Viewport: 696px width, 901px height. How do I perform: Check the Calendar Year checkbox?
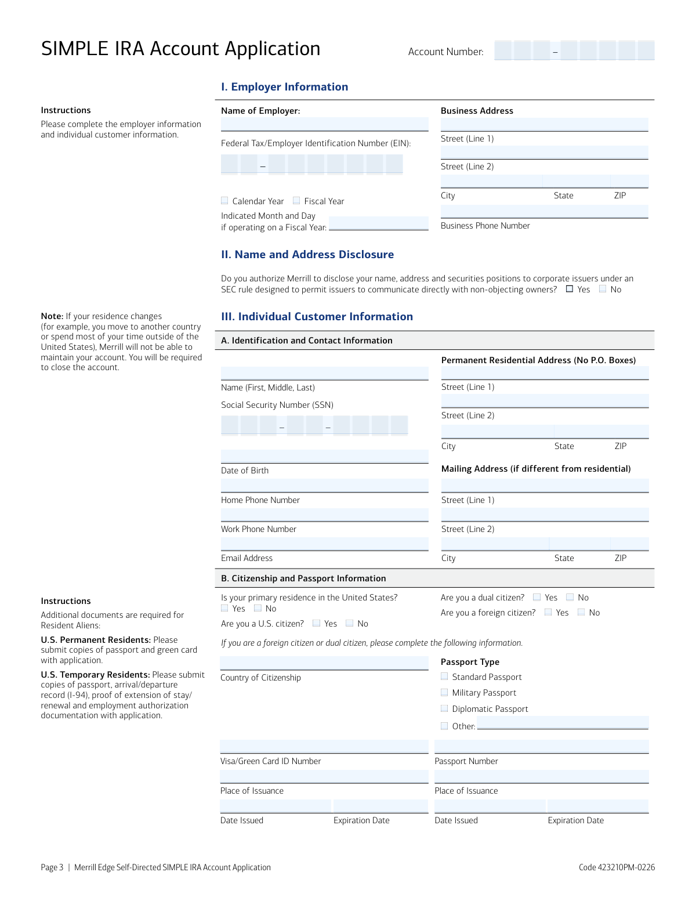224,201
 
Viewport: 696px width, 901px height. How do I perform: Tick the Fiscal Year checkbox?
296,201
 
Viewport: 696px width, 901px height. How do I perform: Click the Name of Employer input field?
324,124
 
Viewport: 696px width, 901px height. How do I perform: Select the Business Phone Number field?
544,212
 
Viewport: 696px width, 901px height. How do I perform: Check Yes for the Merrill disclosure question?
570,289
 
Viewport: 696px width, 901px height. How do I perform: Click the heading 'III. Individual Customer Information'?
317,317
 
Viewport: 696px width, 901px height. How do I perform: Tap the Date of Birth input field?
324,457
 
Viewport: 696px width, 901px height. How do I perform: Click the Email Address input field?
324,544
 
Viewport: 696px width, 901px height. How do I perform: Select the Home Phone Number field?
324,486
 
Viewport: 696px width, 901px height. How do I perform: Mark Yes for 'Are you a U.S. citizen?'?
316,623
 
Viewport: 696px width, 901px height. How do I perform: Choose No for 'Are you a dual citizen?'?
570,597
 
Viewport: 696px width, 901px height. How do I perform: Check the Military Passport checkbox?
444,692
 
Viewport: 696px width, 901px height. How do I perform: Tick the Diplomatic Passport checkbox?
444,708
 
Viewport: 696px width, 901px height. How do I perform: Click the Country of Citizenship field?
324,663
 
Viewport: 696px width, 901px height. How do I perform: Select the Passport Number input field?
541,747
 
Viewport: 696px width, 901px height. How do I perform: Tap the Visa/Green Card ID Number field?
324,747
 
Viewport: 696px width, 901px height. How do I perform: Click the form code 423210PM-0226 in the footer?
617,867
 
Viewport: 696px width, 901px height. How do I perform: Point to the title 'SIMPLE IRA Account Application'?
180,49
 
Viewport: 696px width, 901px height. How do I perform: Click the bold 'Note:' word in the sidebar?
52,316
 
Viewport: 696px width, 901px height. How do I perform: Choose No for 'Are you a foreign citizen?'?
581,612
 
